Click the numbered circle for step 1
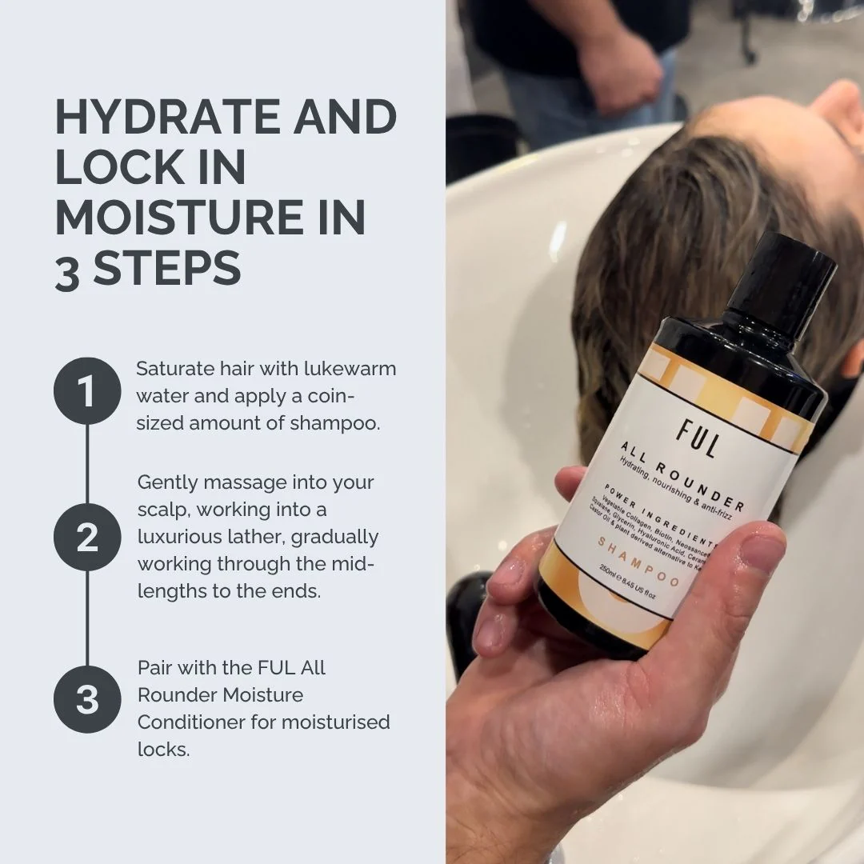pos(86,391)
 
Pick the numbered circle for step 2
pos(86,537)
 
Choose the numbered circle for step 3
pos(86,698)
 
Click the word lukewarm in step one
pos(350,370)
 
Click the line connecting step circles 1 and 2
pos(86,464)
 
